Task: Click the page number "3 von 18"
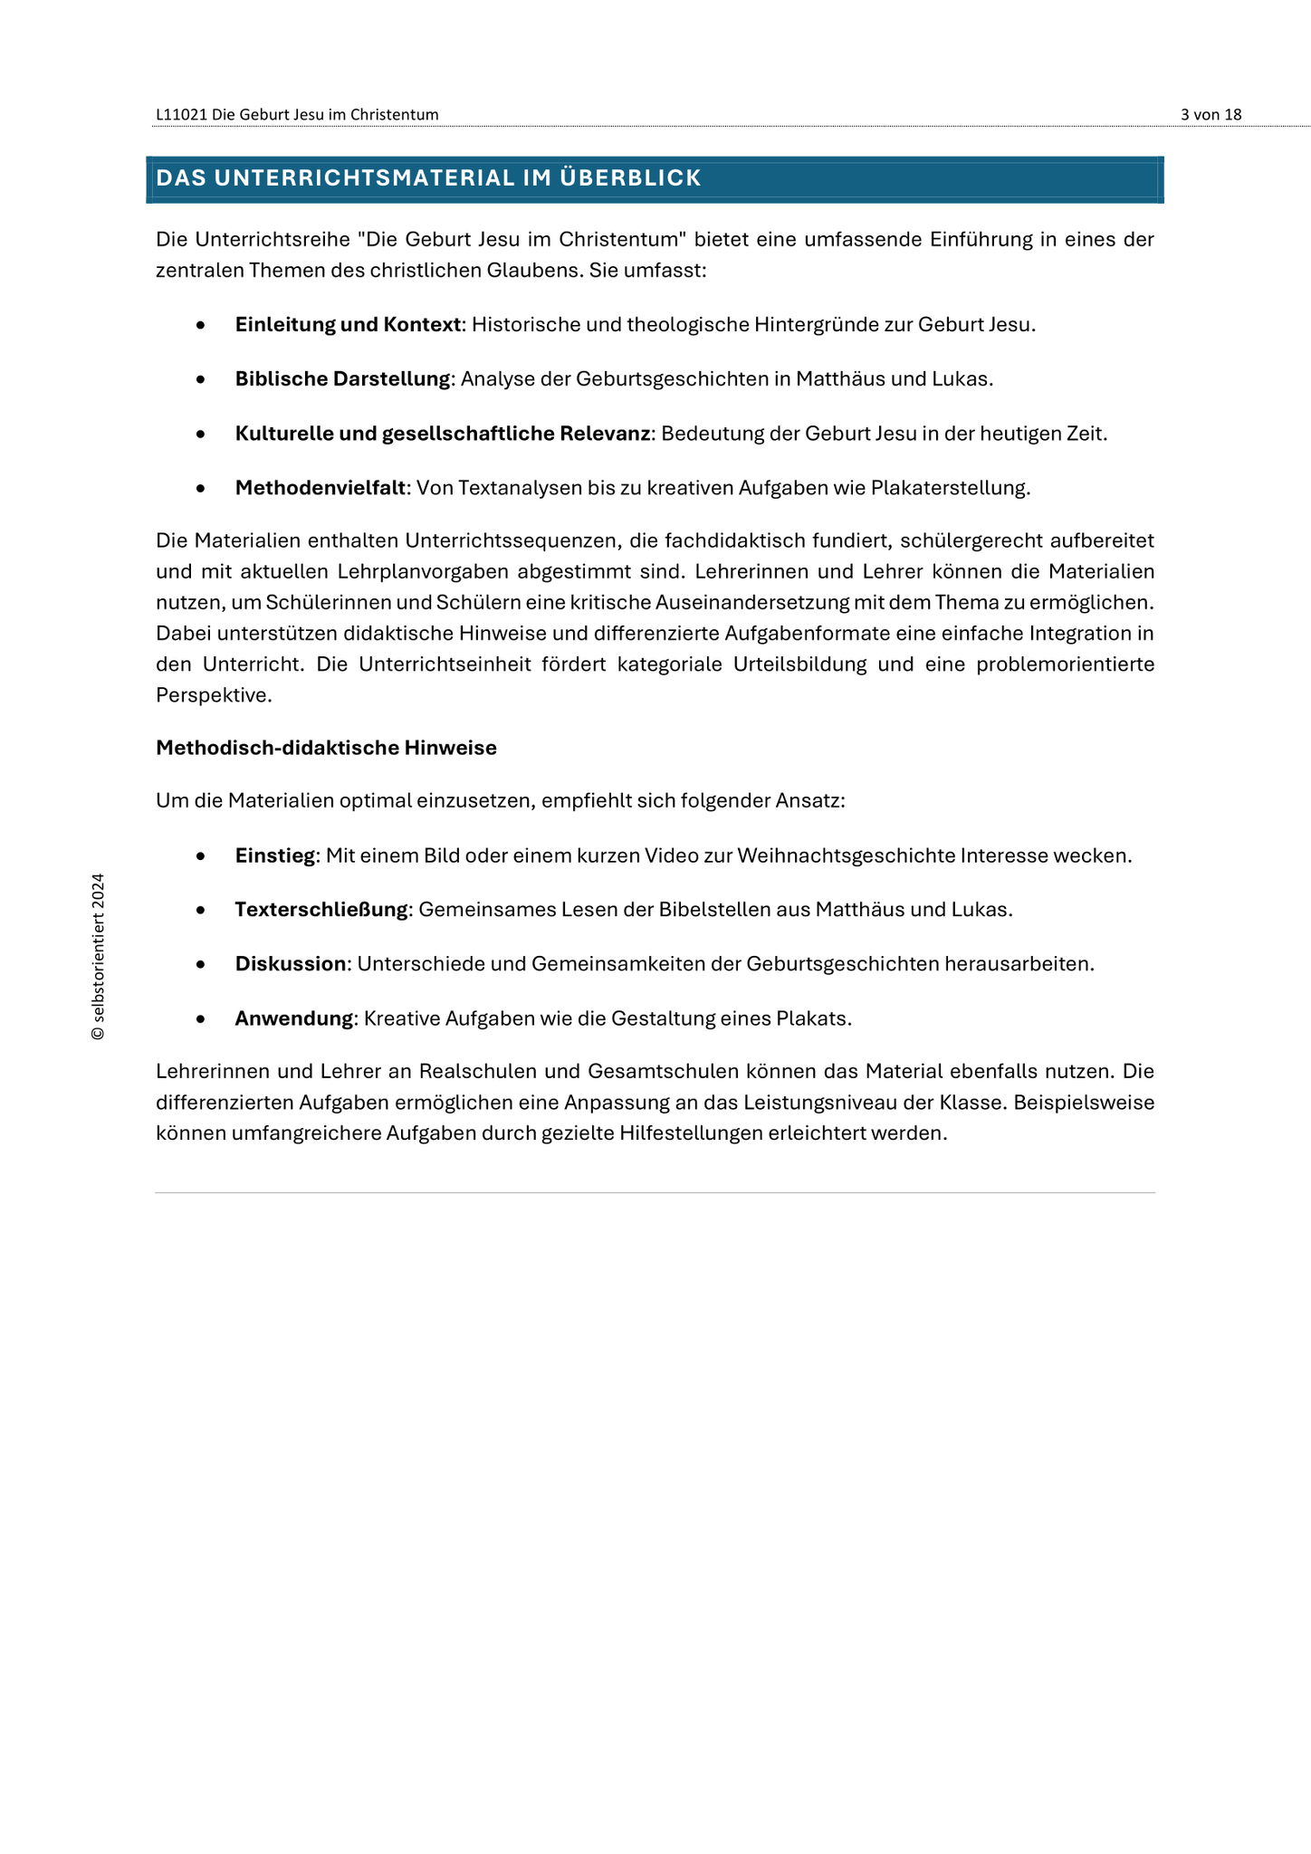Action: [x=1211, y=114]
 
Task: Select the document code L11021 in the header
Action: [x=182, y=114]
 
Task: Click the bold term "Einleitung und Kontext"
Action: [x=348, y=324]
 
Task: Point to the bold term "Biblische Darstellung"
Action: [x=342, y=378]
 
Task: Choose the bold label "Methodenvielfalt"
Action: [x=320, y=488]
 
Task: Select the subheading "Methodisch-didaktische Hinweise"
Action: [x=326, y=748]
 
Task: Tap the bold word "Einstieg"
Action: [x=274, y=855]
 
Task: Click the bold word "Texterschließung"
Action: [x=321, y=910]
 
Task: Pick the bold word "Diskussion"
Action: [x=291, y=964]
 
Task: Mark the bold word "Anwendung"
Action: [x=293, y=1018]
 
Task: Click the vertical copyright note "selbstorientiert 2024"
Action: [x=98, y=956]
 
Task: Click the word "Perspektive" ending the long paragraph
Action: [x=212, y=695]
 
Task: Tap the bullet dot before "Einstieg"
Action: [x=200, y=855]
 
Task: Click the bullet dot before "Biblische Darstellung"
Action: [x=200, y=378]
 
